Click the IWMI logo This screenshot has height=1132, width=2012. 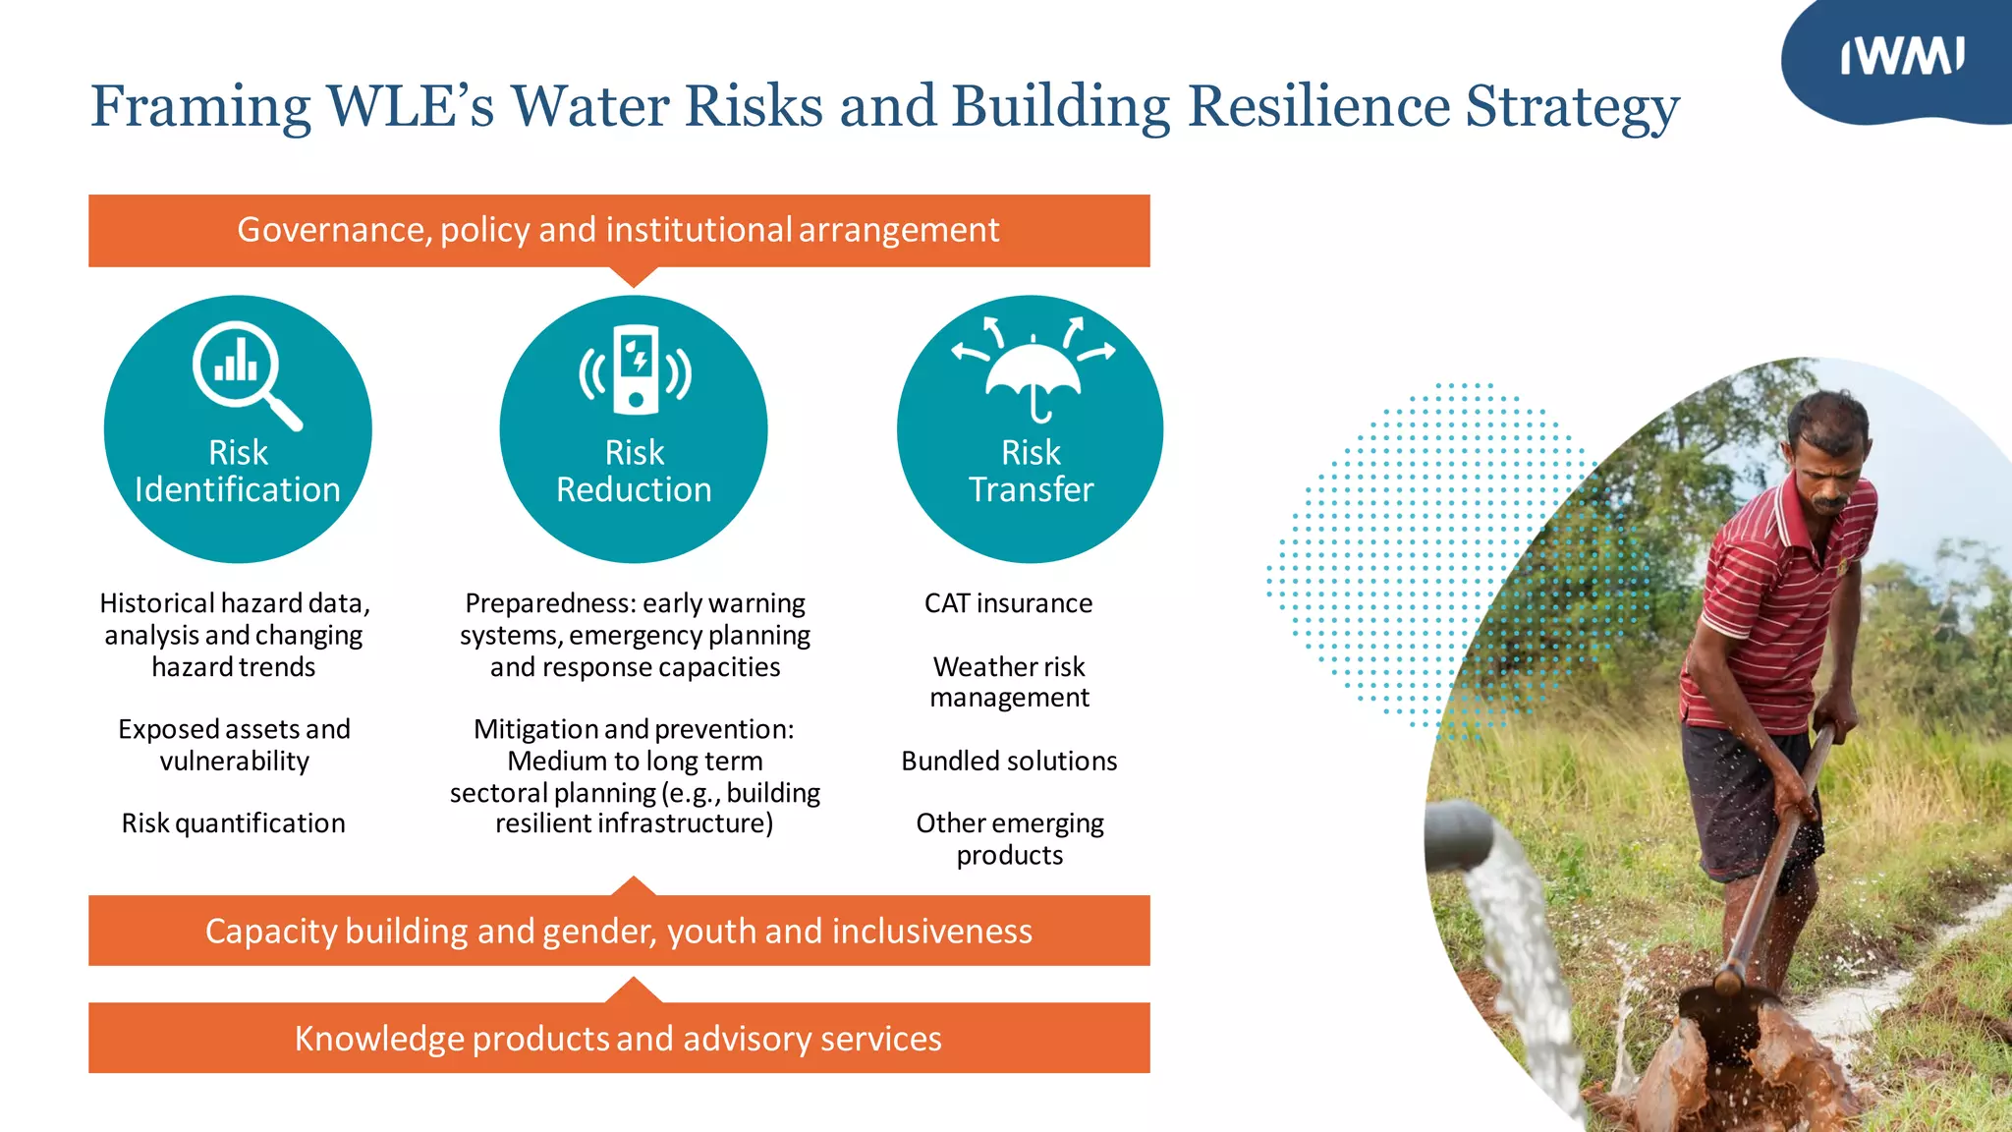[x=1902, y=57]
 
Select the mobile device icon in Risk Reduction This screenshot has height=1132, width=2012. [x=636, y=369]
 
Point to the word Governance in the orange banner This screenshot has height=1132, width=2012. [x=333, y=230]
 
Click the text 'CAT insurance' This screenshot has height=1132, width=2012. [x=1008, y=603]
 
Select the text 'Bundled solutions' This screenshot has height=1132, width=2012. [x=1009, y=762]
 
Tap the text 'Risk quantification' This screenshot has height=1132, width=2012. [x=233, y=823]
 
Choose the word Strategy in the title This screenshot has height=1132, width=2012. [x=1572, y=107]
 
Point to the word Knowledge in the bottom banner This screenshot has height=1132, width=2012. [x=379, y=1039]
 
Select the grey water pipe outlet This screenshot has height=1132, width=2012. [x=1460, y=835]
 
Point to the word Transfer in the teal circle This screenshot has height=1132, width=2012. [x=1031, y=490]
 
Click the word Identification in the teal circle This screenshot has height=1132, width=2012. [x=238, y=490]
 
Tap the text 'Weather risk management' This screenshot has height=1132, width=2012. [x=1009, y=682]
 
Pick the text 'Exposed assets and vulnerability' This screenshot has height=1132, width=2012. [x=234, y=745]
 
